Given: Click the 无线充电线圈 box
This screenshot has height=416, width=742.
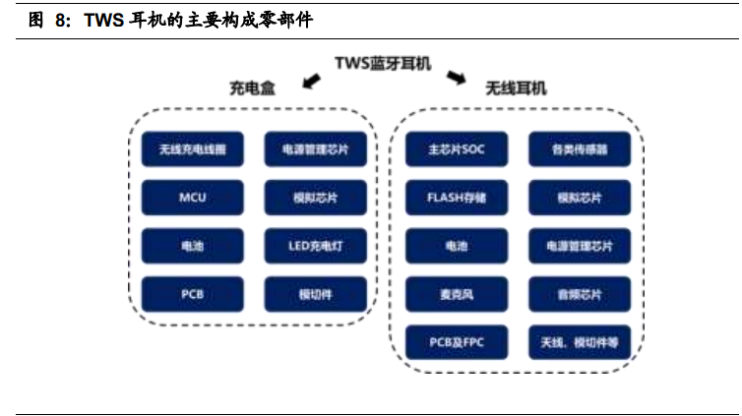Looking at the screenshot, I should [192, 150].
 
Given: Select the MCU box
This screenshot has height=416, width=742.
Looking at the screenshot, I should [192, 198].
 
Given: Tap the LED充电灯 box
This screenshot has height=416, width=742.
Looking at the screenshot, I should [315, 246].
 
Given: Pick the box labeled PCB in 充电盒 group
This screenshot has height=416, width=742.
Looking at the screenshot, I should [192, 294].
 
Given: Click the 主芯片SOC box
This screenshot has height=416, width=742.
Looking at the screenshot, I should [457, 150].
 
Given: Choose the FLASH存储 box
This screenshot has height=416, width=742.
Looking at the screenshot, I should [457, 198].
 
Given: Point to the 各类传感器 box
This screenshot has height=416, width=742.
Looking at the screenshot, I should [580, 150].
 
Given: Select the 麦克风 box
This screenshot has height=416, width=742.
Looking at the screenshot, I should [457, 294].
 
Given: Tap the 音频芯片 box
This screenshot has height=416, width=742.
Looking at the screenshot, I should [580, 294].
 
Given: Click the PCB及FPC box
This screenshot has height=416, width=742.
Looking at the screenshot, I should [457, 342].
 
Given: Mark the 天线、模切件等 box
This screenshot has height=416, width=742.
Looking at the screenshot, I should [580, 342].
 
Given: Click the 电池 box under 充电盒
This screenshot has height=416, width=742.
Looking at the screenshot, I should [192, 246].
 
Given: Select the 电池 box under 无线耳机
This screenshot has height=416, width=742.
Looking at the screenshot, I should [457, 246].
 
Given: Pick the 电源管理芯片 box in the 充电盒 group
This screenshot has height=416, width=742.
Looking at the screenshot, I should [315, 150].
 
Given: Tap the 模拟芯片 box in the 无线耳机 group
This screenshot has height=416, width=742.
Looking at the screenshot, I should [580, 198].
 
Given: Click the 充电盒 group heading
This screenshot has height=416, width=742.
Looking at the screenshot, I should [253, 89].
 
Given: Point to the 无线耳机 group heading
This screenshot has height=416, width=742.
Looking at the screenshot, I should [516, 89].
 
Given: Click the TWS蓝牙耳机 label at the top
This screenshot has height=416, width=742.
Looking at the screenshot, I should [384, 64].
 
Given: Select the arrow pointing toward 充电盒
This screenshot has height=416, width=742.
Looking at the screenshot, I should [312, 80].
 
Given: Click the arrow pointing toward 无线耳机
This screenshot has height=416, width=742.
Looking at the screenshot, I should [456, 78].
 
